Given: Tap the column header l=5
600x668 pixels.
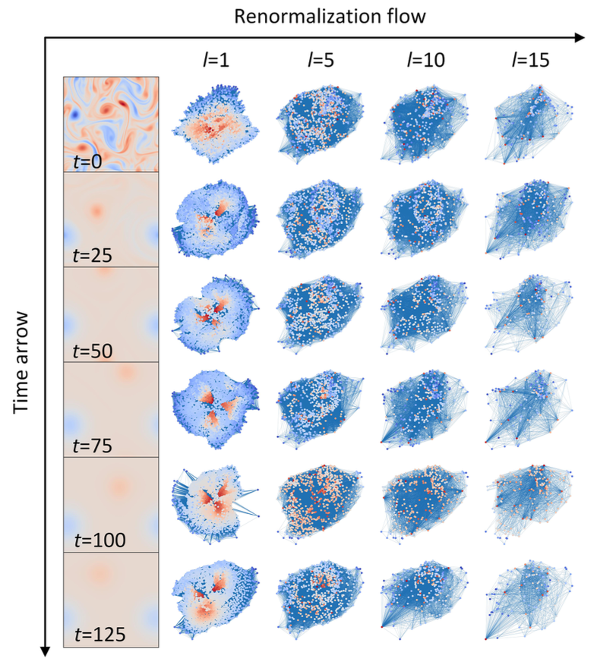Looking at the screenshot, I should point(319,60).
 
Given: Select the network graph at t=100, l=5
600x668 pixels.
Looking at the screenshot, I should point(319,504).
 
